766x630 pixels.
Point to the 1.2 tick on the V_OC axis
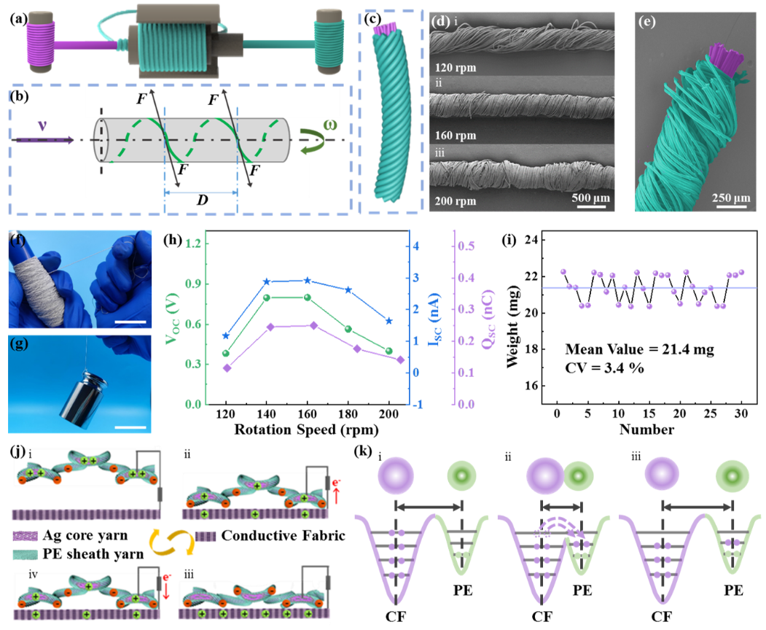click(192, 244)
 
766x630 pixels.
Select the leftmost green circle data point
click(225, 354)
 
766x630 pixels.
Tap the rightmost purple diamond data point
click(401, 359)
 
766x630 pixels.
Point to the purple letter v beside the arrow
click(42, 125)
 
